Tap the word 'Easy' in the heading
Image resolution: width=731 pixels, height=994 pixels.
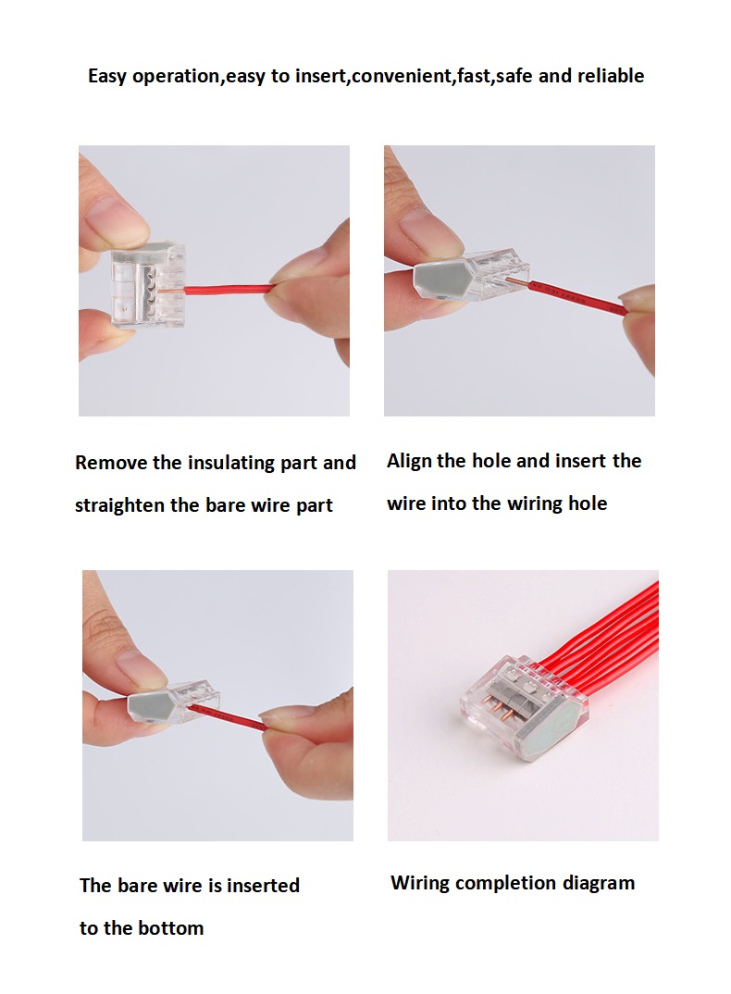click(106, 77)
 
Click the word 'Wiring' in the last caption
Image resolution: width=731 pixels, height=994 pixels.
click(420, 884)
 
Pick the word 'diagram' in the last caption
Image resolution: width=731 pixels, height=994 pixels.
click(599, 884)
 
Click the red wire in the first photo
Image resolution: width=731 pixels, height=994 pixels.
click(229, 291)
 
